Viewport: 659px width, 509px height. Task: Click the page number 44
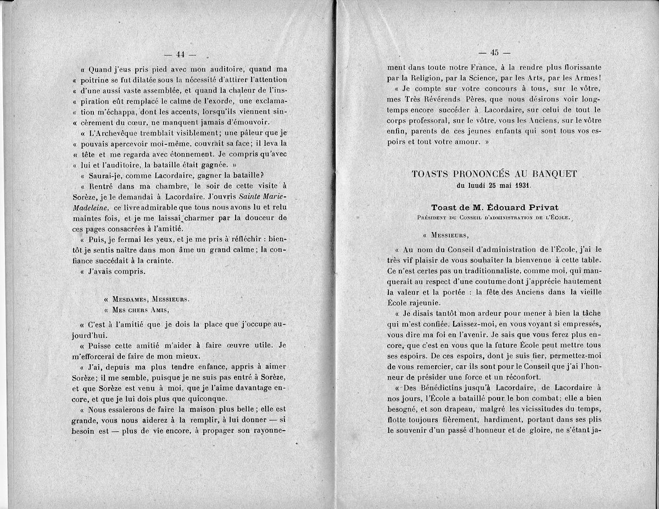click(182, 54)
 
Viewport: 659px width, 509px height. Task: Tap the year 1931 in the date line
click(522, 185)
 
